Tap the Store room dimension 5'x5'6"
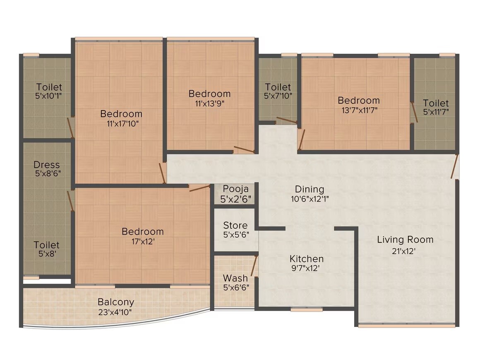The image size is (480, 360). click(x=235, y=235)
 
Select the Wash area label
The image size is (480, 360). click(x=235, y=278)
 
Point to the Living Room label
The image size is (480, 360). click(x=405, y=240)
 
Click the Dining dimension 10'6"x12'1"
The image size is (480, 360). click(x=310, y=198)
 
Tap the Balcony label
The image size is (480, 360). click(x=116, y=302)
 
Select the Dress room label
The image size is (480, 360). click(x=47, y=165)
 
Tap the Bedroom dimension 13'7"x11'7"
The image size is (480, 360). click(x=358, y=110)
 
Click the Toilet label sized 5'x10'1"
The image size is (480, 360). click(x=49, y=87)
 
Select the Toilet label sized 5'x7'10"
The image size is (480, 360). click(x=278, y=87)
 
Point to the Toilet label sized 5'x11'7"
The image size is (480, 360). click(x=436, y=103)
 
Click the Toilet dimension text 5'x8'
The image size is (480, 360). click(x=47, y=254)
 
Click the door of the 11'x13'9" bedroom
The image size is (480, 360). click(x=244, y=149)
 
